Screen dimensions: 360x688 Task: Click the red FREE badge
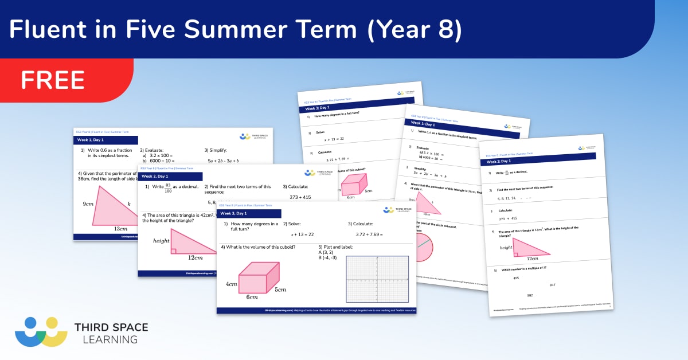click(x=53, y=80)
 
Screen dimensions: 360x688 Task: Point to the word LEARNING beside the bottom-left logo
click(x=106, y=339)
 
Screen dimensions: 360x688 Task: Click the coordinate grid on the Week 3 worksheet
click(x=369, y=279)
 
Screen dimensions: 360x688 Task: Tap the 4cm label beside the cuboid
click(x=231, y=284)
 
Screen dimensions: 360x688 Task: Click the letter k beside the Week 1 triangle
click(x=129, y=204)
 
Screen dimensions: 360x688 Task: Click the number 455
click(x=515, y=278)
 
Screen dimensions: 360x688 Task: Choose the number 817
click(x=552, y=285)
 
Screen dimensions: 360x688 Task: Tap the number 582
click(x=530, y=295)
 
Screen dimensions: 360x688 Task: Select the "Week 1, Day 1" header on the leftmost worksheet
click(x=92, y=140)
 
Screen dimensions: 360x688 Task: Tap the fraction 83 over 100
click(x=168, y=187)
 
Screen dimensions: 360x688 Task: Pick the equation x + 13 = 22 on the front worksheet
click(x=302, y=234)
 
